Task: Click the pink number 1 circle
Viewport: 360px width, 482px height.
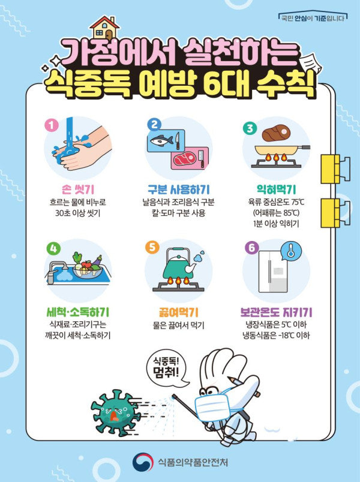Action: [x=52, y=125]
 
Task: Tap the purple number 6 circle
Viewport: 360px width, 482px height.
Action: [x=251, y=248]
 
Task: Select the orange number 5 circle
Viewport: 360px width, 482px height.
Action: [x=152, y=247]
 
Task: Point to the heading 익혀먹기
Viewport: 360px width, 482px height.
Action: [x=276, y=189]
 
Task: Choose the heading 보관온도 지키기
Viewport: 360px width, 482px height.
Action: [x=276, y=312]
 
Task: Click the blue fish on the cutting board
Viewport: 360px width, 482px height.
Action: [x=162, y=141]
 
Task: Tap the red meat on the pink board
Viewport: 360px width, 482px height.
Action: [x=185, y=159]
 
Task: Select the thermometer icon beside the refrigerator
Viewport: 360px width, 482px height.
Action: [x=290, y=251]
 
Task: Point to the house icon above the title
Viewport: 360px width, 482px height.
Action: [x=105, y=27]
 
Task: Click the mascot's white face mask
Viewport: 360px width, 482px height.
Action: [x=212, y=407]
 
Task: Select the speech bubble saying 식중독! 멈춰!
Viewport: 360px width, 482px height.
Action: [x=167, y=369]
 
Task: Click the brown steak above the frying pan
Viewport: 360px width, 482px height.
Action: [x=276, y=133]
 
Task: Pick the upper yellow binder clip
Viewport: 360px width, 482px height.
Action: [x=335, y=170]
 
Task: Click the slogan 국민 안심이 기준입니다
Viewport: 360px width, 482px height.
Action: [x=313, y=19]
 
